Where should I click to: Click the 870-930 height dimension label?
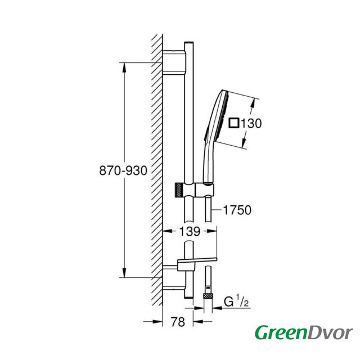123,170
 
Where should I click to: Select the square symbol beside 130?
234,123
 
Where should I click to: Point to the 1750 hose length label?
237,210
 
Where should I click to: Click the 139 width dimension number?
190,231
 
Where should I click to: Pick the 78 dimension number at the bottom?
178,322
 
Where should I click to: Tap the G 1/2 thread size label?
236,302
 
